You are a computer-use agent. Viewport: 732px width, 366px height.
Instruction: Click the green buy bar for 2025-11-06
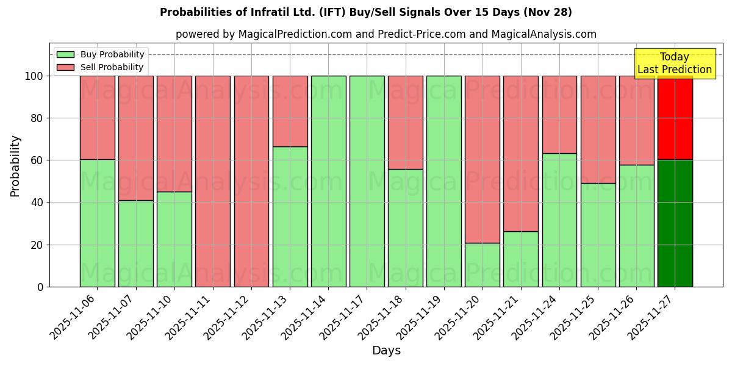(x=97, y=223)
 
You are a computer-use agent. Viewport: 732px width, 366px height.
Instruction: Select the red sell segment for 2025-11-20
(x=483, y=159)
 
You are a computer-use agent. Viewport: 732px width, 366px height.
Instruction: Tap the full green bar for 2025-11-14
(x=328, y=181)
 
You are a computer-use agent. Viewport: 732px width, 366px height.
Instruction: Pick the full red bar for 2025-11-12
(x=251, y=181)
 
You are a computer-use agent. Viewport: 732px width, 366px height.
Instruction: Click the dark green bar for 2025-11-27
(x=675, y=223)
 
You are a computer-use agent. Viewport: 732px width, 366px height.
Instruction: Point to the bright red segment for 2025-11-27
(x=675, y=118)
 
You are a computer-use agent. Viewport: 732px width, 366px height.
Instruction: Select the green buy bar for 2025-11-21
(x=521, y=259)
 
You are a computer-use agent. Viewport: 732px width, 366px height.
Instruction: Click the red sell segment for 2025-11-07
(x=135, y=138)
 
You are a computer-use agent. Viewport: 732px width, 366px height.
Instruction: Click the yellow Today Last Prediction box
(x=674, y=63)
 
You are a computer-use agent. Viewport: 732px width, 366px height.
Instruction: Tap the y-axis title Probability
(x=15, y=166)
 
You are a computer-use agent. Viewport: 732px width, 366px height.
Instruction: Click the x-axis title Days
(x=386, y=351)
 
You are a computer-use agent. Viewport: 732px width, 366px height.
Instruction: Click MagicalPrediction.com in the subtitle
(x=295, y=34)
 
